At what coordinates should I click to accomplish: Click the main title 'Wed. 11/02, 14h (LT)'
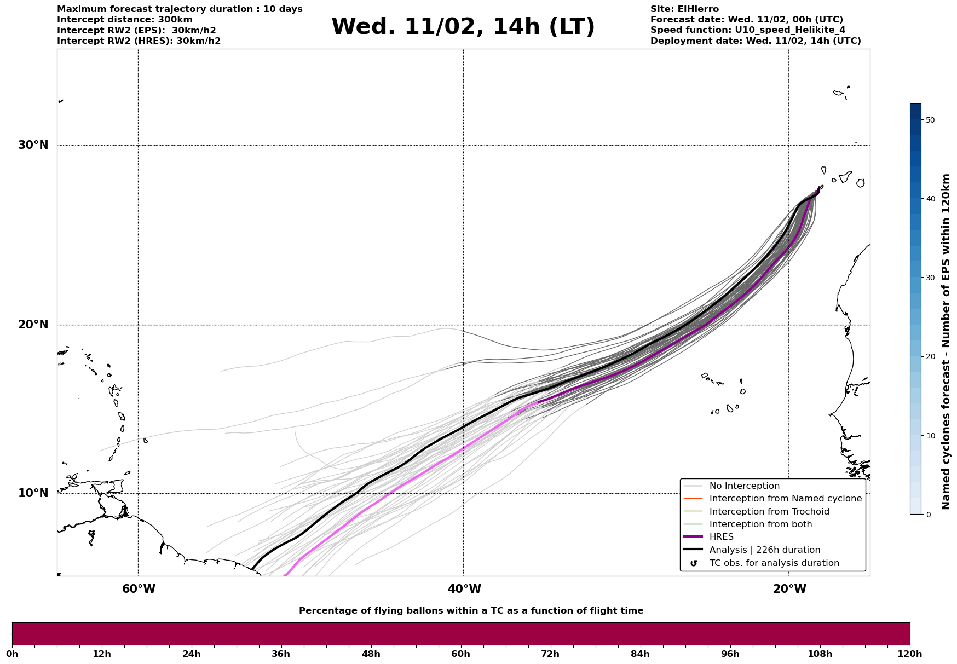[463, 27]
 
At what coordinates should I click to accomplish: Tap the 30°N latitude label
[33, 145]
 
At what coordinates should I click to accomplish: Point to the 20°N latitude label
[33, 325]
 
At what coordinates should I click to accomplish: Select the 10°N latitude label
[33, 493]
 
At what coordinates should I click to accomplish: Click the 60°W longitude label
[139, 589]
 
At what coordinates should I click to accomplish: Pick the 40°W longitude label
[464, 589]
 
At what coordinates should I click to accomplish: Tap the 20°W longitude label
[789, 589]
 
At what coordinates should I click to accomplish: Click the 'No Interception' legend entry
[744, 486]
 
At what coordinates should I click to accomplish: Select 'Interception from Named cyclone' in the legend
[785, 499]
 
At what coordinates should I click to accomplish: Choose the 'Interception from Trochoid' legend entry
[769, 512]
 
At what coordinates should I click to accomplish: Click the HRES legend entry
[721, 537]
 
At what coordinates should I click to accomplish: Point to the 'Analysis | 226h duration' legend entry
[764, 550]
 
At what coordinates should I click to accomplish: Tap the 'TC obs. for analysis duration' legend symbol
[694, 563]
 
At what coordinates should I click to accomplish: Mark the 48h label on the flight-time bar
[371, 654]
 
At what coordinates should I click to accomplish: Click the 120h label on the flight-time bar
[910, 654]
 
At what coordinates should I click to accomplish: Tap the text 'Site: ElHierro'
[684, 9]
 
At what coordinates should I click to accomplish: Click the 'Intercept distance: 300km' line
[125, 20]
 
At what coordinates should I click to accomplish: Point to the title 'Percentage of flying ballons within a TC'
[471, 611]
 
